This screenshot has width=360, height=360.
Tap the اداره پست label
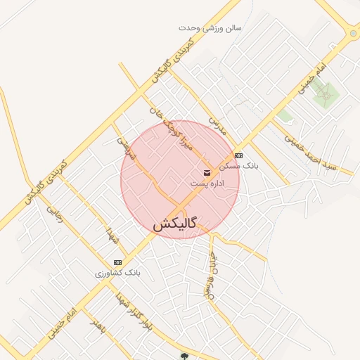point(207,184)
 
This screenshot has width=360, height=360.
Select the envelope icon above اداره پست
point(207,172)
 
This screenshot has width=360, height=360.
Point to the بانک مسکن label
point(239,166)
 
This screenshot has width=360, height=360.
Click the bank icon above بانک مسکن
point(238,155)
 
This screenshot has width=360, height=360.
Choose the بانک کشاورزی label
point(118,272)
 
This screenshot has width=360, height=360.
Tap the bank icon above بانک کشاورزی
point(117,262)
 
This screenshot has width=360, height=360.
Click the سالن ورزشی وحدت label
point(210,28)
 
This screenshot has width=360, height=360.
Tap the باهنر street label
point(96,326)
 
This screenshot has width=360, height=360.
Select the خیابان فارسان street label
point(209,274)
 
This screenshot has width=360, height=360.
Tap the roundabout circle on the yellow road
point(352,33)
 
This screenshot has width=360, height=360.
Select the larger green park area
point(324,92)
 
